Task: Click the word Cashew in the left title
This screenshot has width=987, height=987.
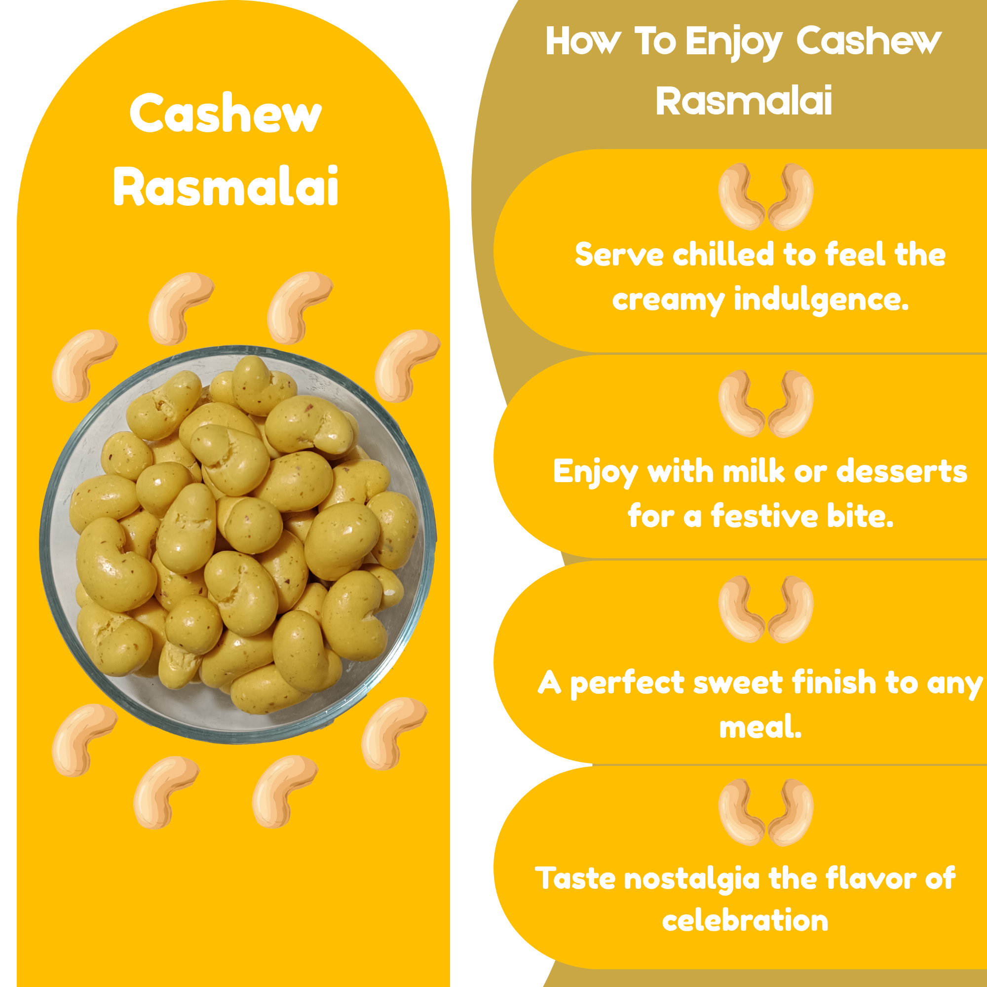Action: [226, 114]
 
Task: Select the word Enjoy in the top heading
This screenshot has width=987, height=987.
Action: [733, 42]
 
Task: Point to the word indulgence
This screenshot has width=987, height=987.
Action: [822, 300]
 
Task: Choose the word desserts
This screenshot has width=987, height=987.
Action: [902, 471]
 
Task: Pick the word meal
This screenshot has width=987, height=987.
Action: [760, 727]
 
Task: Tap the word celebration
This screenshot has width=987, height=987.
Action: [745, 920]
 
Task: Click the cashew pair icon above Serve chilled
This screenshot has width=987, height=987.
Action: [765, 197]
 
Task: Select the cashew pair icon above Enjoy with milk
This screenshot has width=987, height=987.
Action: [765, 404]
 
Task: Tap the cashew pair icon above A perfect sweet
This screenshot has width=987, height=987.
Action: [765, 609]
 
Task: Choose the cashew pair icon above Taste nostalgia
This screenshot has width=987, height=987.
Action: [765, 812]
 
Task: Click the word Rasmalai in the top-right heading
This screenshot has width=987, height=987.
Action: [744, 101]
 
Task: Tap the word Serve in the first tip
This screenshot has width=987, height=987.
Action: [619, 255]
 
